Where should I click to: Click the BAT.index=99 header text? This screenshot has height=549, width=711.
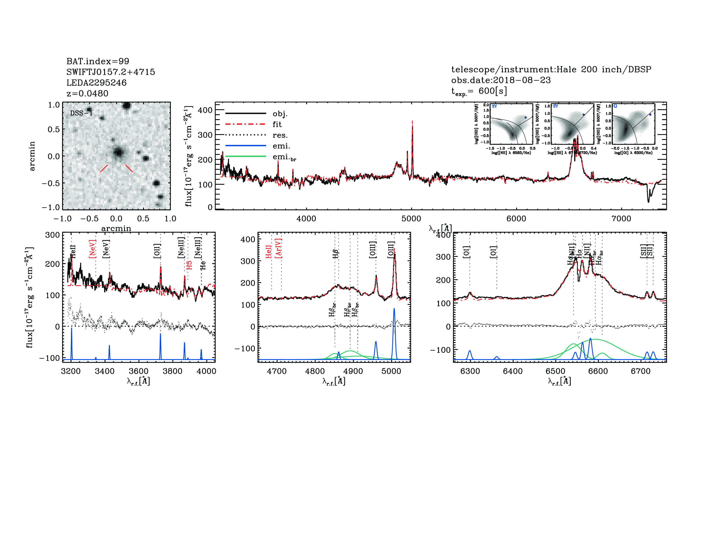pyautogui.click(x=98, y=61)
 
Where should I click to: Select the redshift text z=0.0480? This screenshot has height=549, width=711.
pyautogui.click(x=87, y=93)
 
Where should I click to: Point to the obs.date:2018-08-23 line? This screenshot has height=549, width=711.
pyautogui.click(x=501, y=80)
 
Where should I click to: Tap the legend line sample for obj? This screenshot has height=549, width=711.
pyautogui.click(x=246, y=113)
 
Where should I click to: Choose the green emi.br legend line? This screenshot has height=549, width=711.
pyautogui.click(x=246, y=157)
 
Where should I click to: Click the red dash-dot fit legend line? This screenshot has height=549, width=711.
pyautogui.click(x=246, y=124)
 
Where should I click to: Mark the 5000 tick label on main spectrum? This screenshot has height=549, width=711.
pyautogui.click(x=411, y=219)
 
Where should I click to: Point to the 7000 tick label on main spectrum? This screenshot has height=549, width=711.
pyautogui.click(x=621, y=219)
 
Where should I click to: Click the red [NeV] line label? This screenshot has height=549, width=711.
pyautogui.click(x=92, y=249)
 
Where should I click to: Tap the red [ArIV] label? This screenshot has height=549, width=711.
pyautogui.click(x=278, y=248)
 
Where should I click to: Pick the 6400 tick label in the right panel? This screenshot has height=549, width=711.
pyautogui.click(x=512, y=371)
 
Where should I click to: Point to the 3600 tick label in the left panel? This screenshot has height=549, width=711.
pyautogui.click(x=139, y=371)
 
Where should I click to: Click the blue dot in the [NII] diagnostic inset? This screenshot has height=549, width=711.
pyautogui.click(x=525, y=117)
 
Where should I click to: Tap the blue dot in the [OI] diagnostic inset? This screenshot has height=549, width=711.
pyautogui.click(x=650, y=115)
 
